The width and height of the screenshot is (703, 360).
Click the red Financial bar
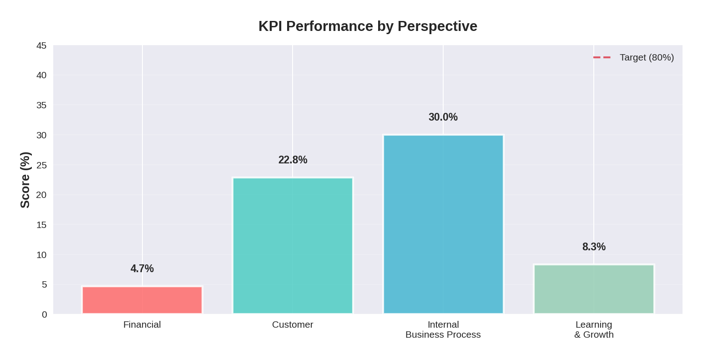click(142, 300)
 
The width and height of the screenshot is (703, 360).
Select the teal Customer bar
click(293, 245)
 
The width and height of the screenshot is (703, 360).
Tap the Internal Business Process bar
click(443, 224)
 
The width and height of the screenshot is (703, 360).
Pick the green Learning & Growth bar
click(594, 289)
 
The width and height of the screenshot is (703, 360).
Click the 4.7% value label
click(142, 269)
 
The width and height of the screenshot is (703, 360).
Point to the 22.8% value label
click(293, 160)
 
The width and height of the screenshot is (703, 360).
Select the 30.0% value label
click(443, 117)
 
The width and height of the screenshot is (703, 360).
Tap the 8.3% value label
click(594, 247)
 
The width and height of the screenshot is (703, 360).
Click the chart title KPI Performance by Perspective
click(368, 26)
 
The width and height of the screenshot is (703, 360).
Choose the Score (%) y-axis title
click(25, 180)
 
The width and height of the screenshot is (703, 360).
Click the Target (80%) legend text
click(647, 57)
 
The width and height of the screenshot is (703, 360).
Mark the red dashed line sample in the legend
click(602, 57)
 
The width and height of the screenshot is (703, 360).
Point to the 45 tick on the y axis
click(41, 46)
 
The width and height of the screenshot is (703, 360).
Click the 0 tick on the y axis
click(44, 314)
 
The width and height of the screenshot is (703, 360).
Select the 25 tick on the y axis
click(41, 165)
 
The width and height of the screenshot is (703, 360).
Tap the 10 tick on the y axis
click(41, 255)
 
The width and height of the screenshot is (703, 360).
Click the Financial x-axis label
click(142, 325)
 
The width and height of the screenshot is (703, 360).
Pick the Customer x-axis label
click(293, 325)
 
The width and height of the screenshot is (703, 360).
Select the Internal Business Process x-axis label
click(443, 330)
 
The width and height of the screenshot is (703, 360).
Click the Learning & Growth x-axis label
click(594, 330)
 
